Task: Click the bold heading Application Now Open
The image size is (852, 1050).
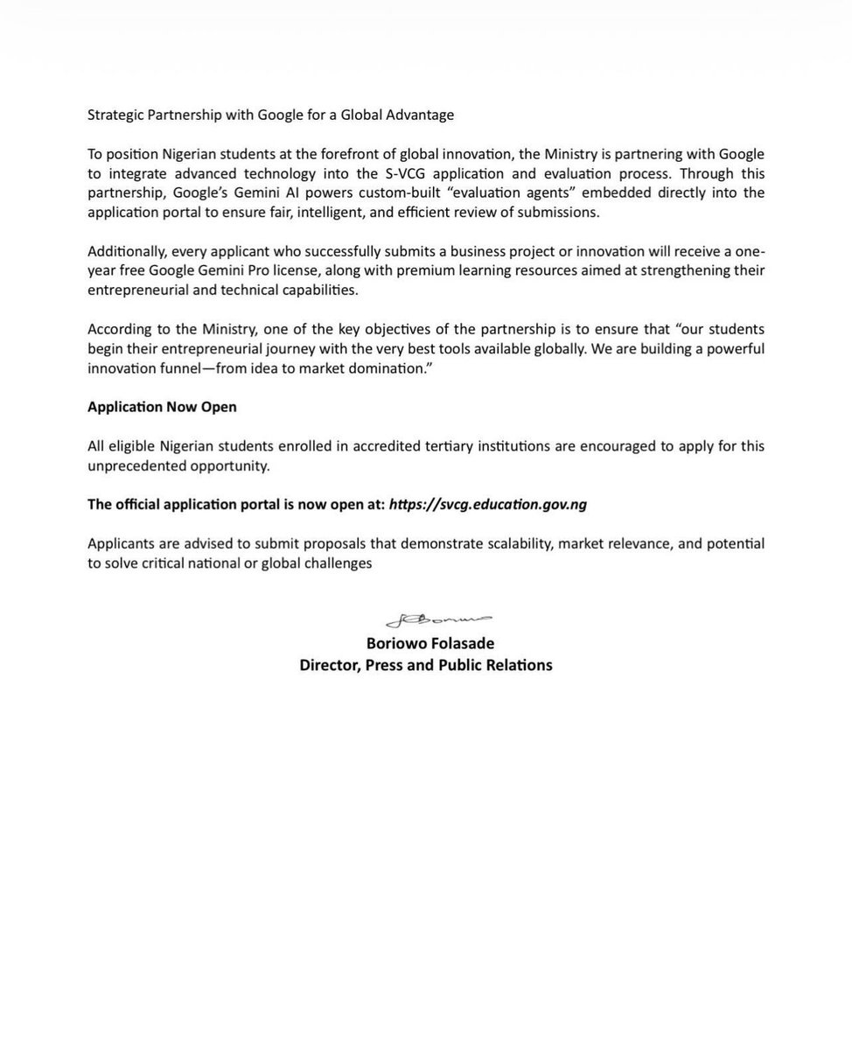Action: pos(162,407)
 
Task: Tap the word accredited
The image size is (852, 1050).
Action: pos(402,446)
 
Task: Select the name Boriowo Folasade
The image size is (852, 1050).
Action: pos(426,644)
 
